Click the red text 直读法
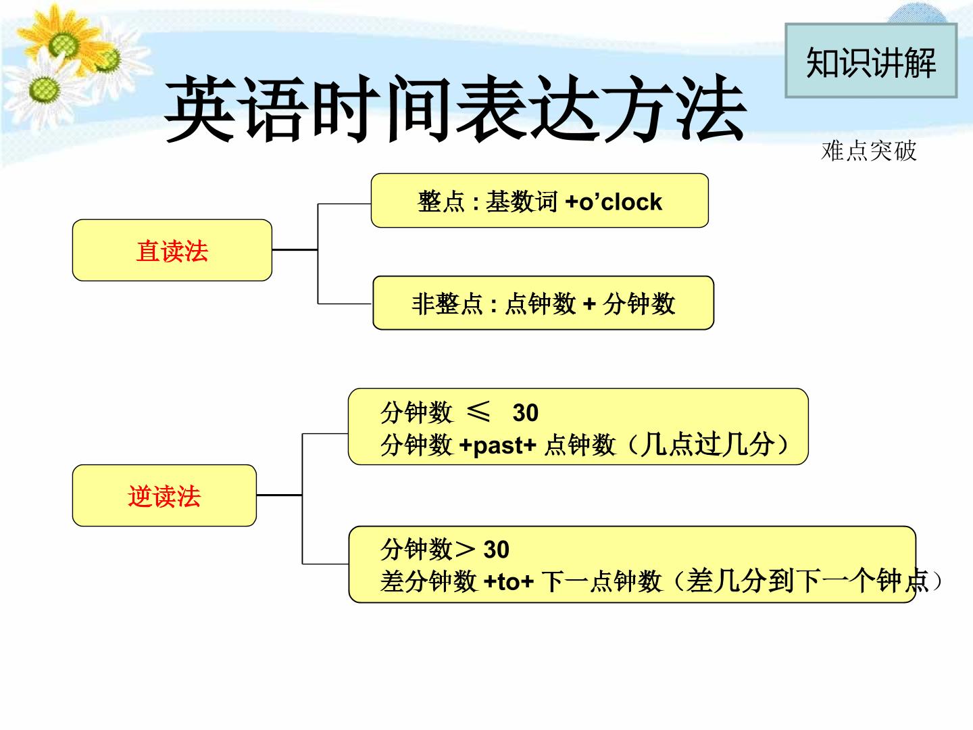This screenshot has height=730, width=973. [x=172, y=251]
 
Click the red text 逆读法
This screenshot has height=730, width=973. [x=164, y=495]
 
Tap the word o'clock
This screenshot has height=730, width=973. [x=620, y=201]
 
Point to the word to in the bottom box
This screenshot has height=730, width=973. [x=508, y=581]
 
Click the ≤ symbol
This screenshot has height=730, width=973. [x=479, y=412]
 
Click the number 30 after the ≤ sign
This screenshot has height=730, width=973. [x=525, y=412]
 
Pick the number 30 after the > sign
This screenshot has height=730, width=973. [x=496, y=550]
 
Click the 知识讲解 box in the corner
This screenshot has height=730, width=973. [x=870, y=61]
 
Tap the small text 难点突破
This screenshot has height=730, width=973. [x=868, y=151]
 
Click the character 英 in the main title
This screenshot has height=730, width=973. [x=201, y=109]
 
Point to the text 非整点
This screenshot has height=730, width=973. [x=447, y=304]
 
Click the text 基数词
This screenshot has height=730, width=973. [x=521, y=201]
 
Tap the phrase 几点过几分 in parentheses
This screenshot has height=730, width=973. [x=708, y=445]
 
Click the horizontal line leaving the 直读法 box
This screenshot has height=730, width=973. [x=295, y=250]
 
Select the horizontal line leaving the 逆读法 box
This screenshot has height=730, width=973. [x=279, y=495]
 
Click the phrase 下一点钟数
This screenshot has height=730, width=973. [x=601, y=581]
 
